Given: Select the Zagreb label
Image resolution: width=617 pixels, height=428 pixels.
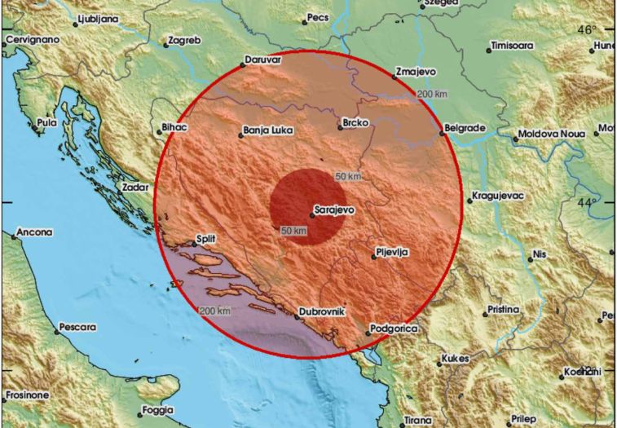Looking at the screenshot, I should click(183, 39).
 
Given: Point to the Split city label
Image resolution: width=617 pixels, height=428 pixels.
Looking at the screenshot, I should click(205, 240).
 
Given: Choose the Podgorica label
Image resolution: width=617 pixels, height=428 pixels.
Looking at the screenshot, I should click(394, 328).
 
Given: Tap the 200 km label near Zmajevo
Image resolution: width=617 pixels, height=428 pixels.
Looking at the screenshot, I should click(432, 95).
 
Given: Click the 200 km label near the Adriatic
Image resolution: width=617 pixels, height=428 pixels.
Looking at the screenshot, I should click(214, 311).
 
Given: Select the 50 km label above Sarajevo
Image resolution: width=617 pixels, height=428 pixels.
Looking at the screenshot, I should click(348, 176).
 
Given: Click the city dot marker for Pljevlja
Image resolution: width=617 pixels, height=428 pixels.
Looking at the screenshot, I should click(373, 257).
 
